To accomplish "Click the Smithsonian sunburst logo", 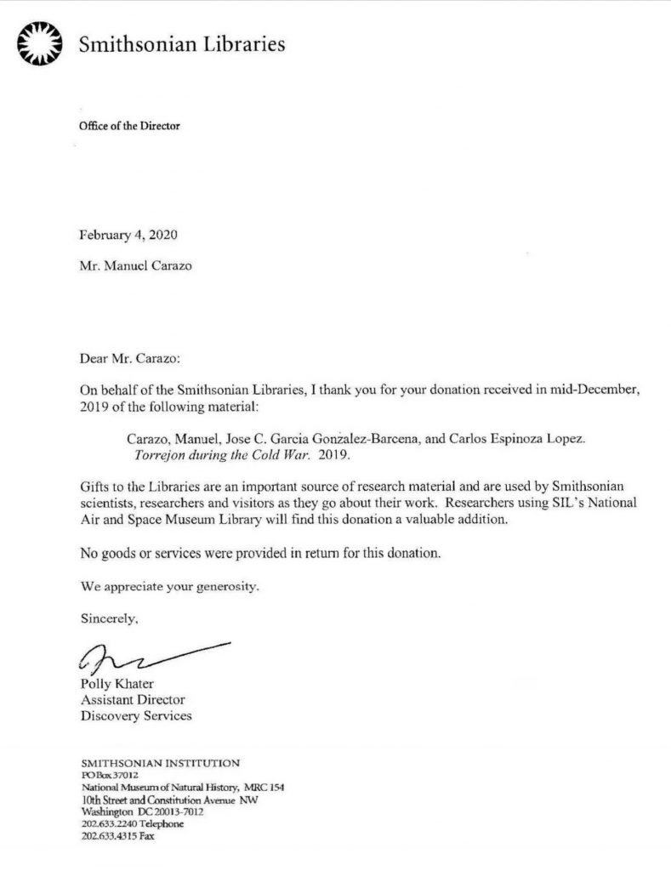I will [41, 43].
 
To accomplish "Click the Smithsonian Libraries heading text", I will [181, 44].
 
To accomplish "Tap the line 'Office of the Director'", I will [129, 126].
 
